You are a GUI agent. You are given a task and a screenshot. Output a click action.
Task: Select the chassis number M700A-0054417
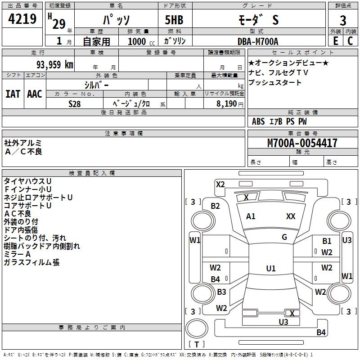pyautogui.click(x=302, y=143)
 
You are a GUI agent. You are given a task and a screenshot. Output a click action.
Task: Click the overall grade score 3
pyautogui.click(x=343, y=21)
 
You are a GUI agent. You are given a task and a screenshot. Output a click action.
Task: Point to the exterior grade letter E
pyautogui.click(x=335, y=40)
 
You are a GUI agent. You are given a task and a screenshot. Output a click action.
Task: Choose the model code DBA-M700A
pyautogui.click(x=258, y=41)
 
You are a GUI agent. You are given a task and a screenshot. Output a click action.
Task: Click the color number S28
pyautogui.click(x=75, y=103)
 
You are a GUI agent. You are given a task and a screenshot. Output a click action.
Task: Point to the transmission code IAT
pyautogui.click(x=13, y=94)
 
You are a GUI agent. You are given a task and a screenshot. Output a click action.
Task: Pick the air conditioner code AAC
pyautogui.click(x=34, y=94)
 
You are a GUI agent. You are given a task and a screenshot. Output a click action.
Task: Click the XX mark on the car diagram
pyautogui.click(x=291, y=216)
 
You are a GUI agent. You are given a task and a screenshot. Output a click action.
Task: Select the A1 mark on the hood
pyautogui.click(x=251, y=216)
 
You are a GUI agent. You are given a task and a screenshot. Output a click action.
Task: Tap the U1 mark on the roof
pyautogui.click(x=270, y=269)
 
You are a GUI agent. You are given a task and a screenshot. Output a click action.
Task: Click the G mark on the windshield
pyautogui.click(x=284, y=237)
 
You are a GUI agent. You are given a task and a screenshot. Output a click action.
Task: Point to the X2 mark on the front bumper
pyautogui.click(x=220, y=184)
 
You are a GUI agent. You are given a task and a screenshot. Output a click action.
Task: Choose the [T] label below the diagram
pyautogui.click(x=197, y=344)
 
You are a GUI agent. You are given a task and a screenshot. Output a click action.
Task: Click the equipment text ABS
pyautogui.click(x=258, y=121)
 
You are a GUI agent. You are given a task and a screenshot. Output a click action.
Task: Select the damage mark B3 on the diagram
pyautogui.click(x=221, y=292)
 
